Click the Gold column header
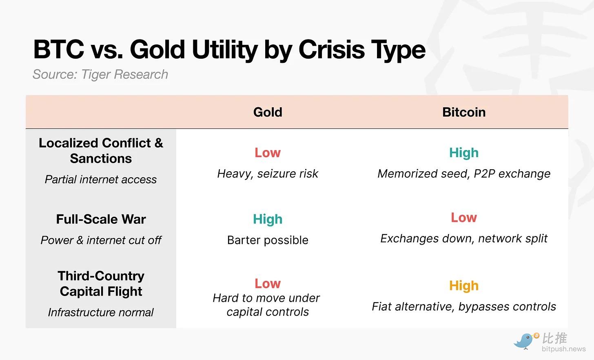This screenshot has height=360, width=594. click(x=268, y=112)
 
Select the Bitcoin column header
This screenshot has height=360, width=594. click(x=464, y=112)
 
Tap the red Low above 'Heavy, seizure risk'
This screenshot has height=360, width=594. click(x=268, y=153)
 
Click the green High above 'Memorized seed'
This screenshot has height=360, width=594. click(x=464, y=153)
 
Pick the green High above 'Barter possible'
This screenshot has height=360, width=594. click(x=268, y=219)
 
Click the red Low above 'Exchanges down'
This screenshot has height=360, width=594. click(x=464, y=218)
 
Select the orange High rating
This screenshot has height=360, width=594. click(x=464, y=286)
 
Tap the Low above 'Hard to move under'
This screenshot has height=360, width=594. click(x=268, y=283)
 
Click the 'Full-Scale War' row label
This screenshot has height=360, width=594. click(x=101, y=219)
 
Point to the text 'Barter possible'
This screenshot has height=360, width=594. click(x=268, y=240)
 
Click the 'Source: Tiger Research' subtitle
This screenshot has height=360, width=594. click(x=100, y=74)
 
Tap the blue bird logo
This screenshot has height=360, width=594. click(x=525, y=341)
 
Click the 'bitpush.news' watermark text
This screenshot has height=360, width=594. click(x=564, y=349)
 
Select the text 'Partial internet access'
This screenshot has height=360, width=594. click(x=101, y=179)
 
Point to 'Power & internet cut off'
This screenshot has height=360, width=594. click(x=101, y=240)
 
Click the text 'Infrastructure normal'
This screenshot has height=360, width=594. click(x=101, y=312)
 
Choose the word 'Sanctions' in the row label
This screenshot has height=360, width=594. click(x=101, y=159)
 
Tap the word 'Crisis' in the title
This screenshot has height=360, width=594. click(x=332, y=49)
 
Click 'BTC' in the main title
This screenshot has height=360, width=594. click(x=59, y=49)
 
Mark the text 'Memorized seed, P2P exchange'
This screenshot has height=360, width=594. click(x=464, y=174)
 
